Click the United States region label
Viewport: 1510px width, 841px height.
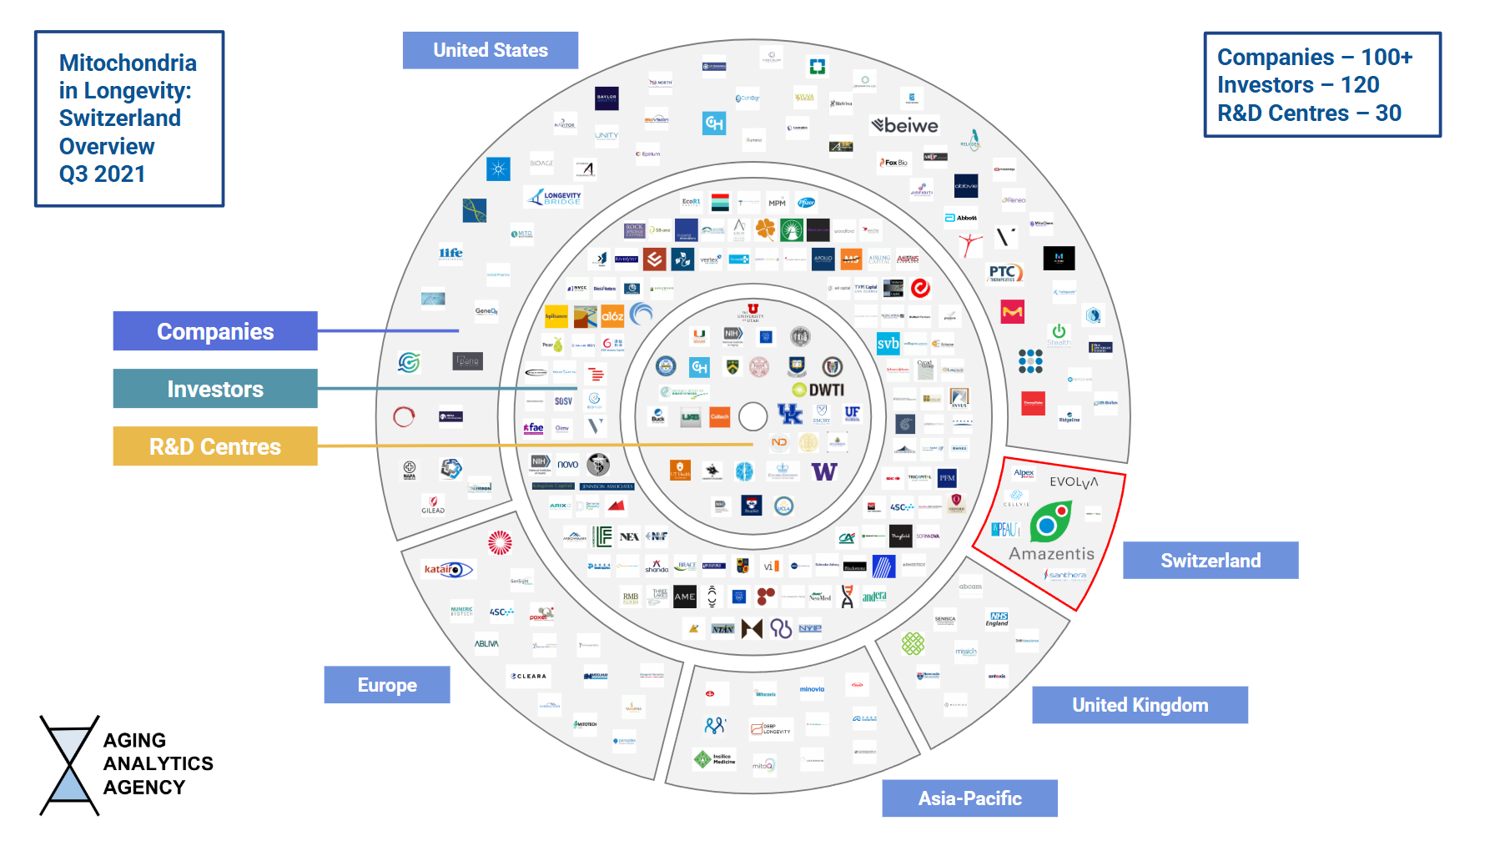[x=490, y=50]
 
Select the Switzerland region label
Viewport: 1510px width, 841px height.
[x=1210, y=561]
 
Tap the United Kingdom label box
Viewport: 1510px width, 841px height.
[x=1140, y=705]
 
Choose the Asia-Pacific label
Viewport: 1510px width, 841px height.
[x=969, y=798]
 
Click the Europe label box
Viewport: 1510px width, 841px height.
[x=387, y=685]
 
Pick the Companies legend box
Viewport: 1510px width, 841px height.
[x=215, y=331]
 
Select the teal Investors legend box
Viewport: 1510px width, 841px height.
[x=215, y=389]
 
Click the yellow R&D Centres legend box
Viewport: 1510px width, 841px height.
[x=215, y=446]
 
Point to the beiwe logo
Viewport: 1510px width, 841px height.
[x=905, y=126]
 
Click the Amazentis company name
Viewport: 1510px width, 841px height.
[x=1051, y=554]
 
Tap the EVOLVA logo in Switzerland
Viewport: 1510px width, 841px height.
[x=1074, y=482]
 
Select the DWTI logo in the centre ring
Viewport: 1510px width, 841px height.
[x=819, y=390]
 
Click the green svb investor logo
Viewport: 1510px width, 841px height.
[x=888, y=344]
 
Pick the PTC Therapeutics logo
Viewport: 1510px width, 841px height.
[x=1004, y=273]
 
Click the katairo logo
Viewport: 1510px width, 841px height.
[x=447, y=570]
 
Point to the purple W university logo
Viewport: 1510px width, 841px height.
[x=823, y=472]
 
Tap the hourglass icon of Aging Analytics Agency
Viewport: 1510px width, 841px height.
[x=69, y=764]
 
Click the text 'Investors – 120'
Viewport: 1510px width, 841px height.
[x=1298, y=85]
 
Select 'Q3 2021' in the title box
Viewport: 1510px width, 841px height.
[x=102, y=174]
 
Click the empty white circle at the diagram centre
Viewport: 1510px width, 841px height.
[x=752, y=415]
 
